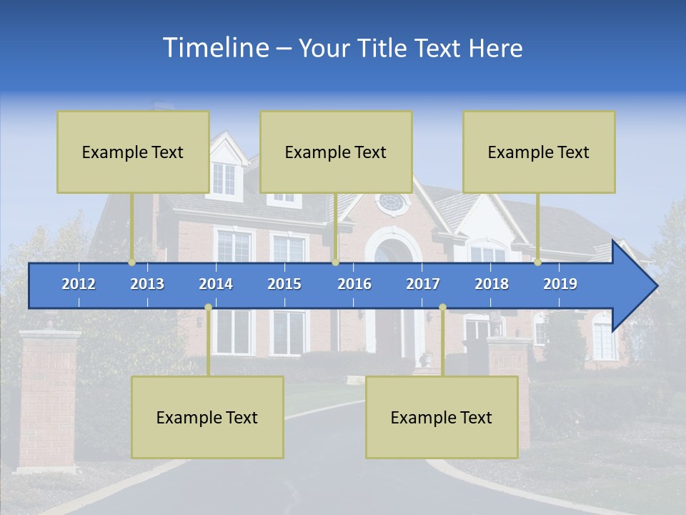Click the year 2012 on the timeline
79,284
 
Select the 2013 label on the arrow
147,284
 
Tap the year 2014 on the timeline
216,284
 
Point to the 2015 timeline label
284,284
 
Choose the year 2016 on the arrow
354,284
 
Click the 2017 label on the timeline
423,284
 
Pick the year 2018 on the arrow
492,284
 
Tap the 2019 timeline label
560,284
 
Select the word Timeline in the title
214,48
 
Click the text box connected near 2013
133,152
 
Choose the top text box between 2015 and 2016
336,152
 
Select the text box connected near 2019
539,152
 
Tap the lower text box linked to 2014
207,417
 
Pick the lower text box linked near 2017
442,417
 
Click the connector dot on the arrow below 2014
208,307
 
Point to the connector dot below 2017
442,307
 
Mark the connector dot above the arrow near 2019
537,262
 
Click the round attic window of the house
391,202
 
